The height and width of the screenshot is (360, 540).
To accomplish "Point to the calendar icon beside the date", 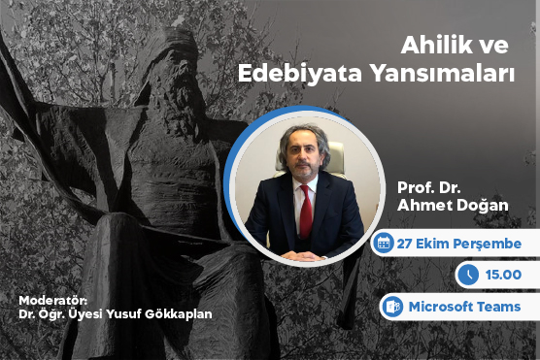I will pos(384,244).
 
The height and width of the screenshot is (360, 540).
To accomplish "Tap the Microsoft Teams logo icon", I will pos(393,307).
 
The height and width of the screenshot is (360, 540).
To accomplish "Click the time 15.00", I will pos(501,275).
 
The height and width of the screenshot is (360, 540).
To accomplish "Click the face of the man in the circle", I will pos(302,158).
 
